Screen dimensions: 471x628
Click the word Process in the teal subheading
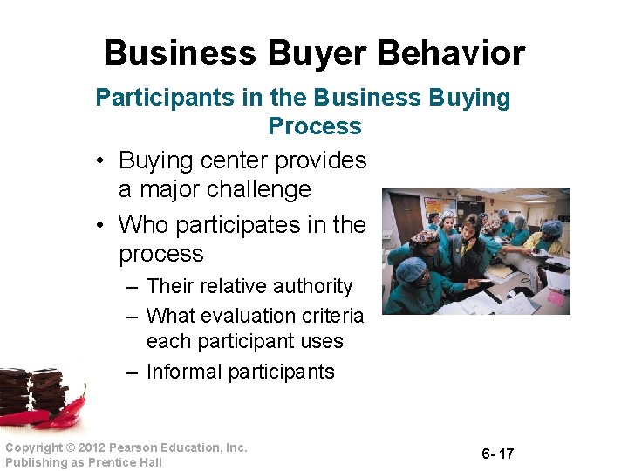point(314,126)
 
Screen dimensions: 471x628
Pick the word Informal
point(183,372)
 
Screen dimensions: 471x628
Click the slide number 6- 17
point(497,454)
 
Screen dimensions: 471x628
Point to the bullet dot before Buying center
point(101,161)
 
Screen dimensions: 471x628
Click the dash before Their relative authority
point(133,287)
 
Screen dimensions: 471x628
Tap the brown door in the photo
point(406,218)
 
